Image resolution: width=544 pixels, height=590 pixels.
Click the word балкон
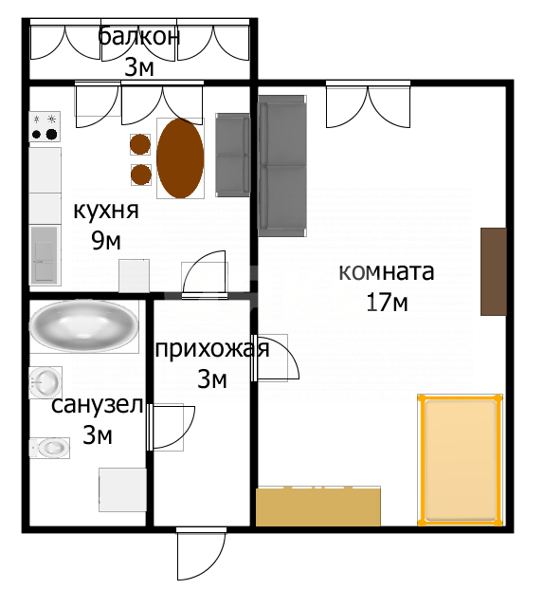pos(138,38)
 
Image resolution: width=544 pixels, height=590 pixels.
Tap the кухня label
pos(106,211)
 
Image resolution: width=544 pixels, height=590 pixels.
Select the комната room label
pos(386,272)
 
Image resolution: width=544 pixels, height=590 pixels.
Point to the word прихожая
pos(211,349)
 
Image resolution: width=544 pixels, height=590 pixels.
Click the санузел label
pos(97,406)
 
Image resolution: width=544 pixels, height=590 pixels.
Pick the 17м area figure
pos(386,303)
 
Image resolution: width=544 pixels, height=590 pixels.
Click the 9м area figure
pos(106,240)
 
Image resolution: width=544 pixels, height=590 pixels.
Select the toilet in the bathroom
pos(48,446)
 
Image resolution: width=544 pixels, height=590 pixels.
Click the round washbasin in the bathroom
pos(45,382)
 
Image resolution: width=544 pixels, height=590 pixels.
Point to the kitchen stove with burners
pos(45,126)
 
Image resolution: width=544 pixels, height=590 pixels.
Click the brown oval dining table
pos(180,158)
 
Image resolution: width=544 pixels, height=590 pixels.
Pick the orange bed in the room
pos(461,460)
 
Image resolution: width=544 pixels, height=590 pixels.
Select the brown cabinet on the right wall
pos(492,271)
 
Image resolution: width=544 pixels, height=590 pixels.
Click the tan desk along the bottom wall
pos(318,507)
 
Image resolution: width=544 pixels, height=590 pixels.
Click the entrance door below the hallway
pos(199,553)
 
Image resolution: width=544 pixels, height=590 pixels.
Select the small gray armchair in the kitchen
pos(232,155)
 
